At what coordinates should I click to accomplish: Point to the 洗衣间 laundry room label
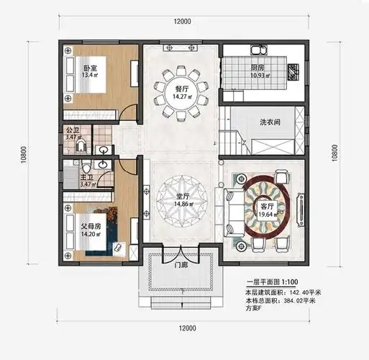coord(270,122)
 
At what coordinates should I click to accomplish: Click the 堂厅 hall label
coord(182,195)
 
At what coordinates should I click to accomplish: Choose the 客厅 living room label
coord(268,206)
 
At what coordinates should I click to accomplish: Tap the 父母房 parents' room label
coord(91,225)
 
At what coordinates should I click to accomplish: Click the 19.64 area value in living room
coord(268,214)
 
